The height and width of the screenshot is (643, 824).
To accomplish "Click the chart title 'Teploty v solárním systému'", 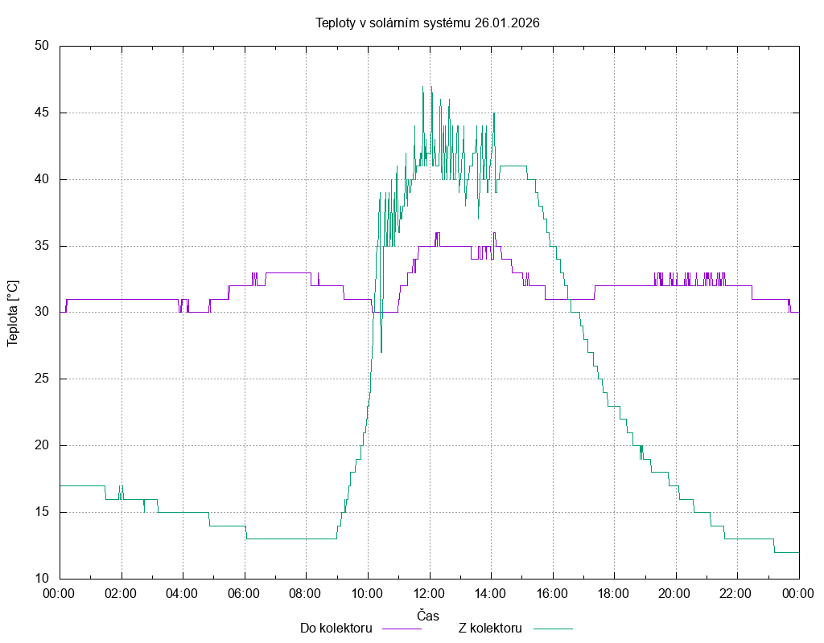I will (x=393, y=23).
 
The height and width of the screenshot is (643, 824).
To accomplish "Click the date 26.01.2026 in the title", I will (x=507, y=23).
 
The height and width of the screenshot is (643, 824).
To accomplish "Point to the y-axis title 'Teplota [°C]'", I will (x=12, y=313).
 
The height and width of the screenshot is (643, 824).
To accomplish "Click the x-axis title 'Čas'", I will (x=428, y=616).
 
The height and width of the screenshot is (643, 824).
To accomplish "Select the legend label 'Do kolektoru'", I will (x=336, y=629).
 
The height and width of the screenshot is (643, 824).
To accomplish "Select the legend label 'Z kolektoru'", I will (x=491, y=629).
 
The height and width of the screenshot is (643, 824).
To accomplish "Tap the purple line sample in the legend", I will (x=401, y=629).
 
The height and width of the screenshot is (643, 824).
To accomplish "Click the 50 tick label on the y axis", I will (x=43, y=46).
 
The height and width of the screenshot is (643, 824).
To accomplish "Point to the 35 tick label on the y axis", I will (x=43, y=246).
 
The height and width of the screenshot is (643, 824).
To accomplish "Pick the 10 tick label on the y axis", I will (x=43, y=579).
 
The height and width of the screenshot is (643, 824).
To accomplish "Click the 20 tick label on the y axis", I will (x=43, y=445).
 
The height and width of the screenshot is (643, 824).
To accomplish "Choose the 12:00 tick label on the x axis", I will (x=429, y=594).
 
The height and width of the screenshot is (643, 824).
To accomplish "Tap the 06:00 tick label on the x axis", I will (x=244, y=594).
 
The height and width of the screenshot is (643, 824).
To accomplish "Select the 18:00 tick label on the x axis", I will (x=614, y=594).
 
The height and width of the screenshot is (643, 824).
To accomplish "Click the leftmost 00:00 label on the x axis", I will (x=60, y=594).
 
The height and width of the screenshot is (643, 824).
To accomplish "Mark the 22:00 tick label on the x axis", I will (x=737, y=594).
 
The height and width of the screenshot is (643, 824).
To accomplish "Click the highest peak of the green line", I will (x=422, y=87).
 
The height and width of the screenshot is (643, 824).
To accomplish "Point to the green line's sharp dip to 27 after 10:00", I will (x=381, y=351).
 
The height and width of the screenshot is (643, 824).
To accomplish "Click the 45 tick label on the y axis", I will (x=43, y=113).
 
